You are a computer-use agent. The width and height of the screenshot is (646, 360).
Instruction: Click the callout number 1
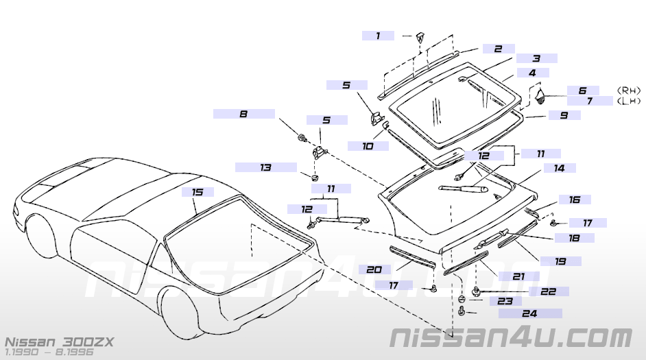click(x=378, y=36)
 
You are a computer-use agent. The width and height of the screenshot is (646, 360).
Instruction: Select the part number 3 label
click(x=536, y=59)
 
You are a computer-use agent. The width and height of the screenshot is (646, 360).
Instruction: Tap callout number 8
click(x=243, y=114)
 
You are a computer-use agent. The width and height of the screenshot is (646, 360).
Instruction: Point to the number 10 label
click(x=367, y=145)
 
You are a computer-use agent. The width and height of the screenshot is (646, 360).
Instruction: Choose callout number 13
click(x=265, y=167)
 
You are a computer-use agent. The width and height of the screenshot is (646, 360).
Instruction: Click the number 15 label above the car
click(x=198, y=193)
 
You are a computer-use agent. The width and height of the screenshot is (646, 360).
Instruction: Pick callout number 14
click(x=560, y=167)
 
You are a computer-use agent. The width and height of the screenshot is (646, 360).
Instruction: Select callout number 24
click(x=529, y=313)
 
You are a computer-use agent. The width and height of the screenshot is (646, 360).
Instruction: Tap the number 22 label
click(x=548, y=291)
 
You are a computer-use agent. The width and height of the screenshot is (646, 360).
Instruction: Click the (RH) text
click(x=629, y=90)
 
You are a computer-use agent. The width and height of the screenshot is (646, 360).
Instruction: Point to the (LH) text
click(x=629, y=101)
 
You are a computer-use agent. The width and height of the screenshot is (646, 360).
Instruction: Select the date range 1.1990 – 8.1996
click(x=48, y=352)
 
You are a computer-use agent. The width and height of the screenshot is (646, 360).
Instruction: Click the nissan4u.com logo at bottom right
click(x=510, y=338)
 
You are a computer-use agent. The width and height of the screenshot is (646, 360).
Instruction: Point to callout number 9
click(x=564, y=116)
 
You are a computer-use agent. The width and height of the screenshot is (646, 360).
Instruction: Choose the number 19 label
click(x=560, y=261)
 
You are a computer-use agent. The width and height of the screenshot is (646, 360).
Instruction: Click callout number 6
click(x=582, y=91)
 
